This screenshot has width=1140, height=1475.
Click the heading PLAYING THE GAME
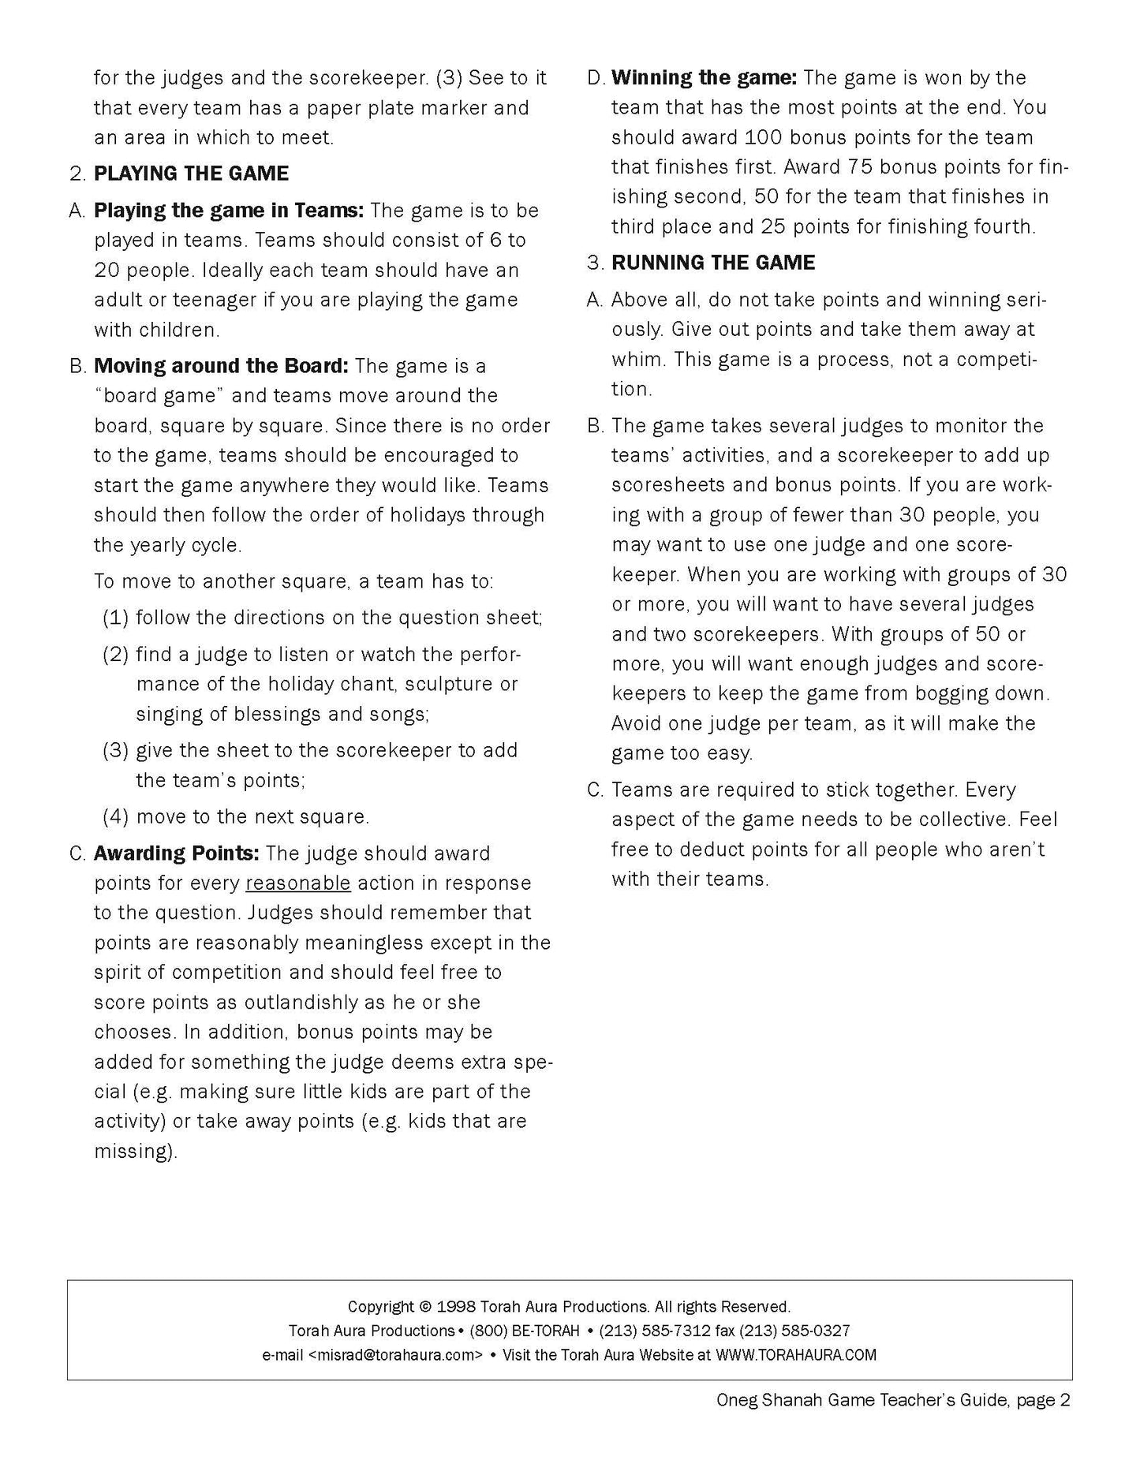pos(191,174)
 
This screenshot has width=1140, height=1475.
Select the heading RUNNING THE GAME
pos(713,263)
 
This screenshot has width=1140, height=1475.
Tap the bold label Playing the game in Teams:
pos(229,211)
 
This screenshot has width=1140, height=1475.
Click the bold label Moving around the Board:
pos(221,367)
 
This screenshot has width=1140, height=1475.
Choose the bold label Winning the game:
pos(705,78)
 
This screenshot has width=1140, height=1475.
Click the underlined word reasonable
pos(297,883)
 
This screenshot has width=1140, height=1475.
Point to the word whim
pos(634,360)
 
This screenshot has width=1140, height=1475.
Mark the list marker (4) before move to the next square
pos(115,816)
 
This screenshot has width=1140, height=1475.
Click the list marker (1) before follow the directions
pos(115,618)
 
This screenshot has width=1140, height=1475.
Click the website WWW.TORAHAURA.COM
pos(795,1355)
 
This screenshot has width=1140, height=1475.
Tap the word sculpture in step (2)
pos(454,684)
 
